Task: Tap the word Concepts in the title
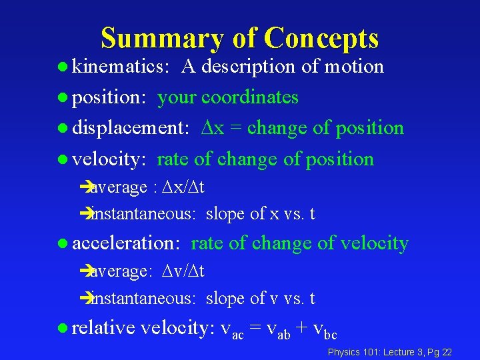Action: tap(321, 39)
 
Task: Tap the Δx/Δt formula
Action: tap(182, 188)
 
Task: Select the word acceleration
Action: tap(126, 244)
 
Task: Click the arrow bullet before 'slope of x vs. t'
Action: tap(85, 215)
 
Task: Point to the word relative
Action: tap(103, 327)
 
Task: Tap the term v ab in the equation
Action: tap(279, 329)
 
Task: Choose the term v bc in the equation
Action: tap(324, 329)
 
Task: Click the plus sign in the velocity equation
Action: tap(302, 328)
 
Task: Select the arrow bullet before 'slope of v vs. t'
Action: tap(85, 299)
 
